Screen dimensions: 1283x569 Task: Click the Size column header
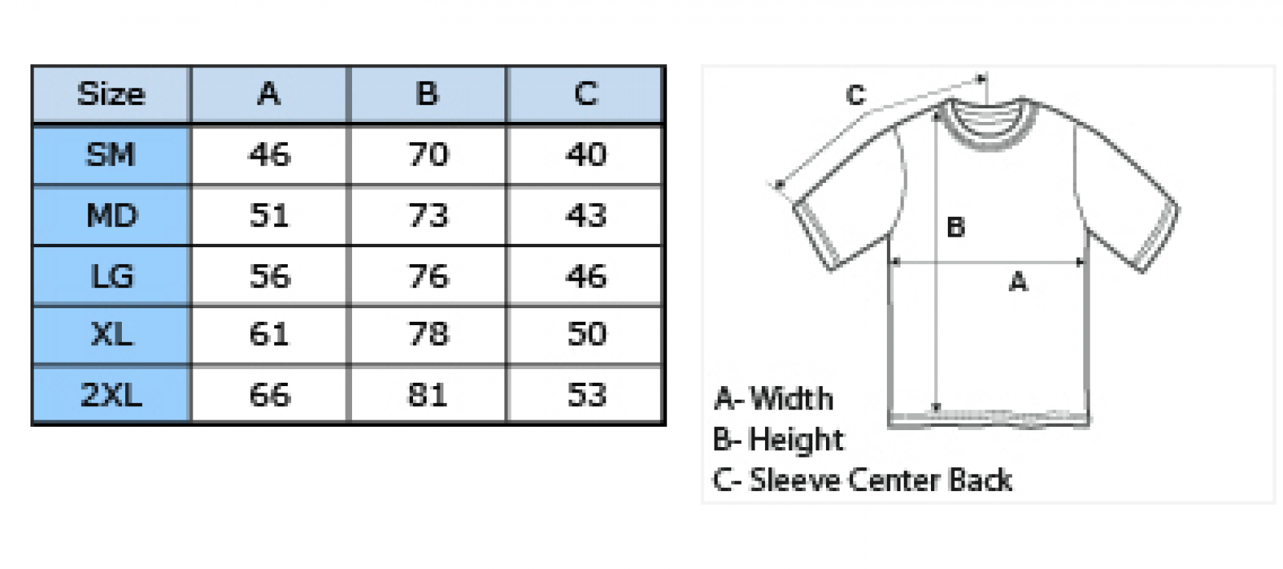point(111,93)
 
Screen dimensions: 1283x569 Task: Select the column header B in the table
point(427,93)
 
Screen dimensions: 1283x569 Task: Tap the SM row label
point(111,155)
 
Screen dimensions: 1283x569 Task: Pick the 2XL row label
point(111,395)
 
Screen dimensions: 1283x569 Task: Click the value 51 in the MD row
point(269,215)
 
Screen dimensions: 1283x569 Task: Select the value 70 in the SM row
point(428,155)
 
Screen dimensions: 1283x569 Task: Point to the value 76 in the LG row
point(428,276)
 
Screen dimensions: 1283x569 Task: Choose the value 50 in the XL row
point(586,334)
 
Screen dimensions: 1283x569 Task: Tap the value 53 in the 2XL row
point(586,395)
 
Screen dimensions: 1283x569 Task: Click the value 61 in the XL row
point(269,334)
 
